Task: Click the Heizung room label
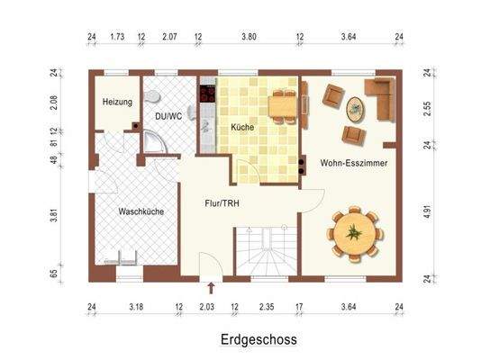click(x=117, y=103)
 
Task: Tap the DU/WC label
click(x=168, y=116)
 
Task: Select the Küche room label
click(x=241, y=128)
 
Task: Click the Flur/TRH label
click(x=222, y=203)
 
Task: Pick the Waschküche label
click(x=141, y=211)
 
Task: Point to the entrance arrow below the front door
click(x=211, y=288)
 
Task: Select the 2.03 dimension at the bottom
click(x=207, y=308)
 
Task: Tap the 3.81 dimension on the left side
click(x=53, y=215)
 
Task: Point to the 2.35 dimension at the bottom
click(x=266, y=308)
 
